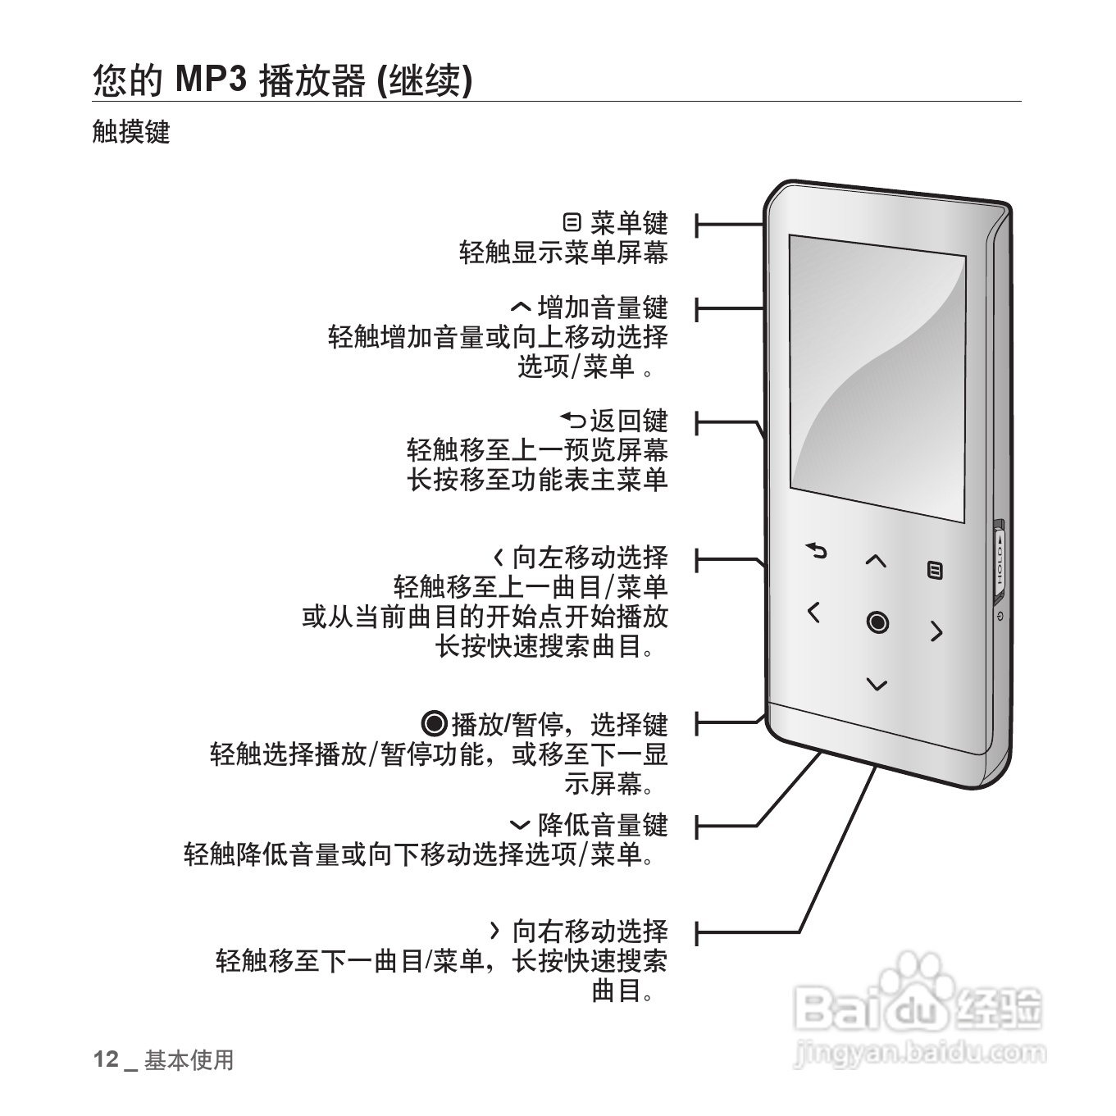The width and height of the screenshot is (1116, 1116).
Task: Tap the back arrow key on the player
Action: (816, 551)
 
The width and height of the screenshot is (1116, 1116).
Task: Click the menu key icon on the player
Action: (935, 570)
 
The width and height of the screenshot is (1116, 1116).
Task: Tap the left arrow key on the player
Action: (813, 612)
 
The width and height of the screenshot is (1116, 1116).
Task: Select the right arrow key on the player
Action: (936, 631)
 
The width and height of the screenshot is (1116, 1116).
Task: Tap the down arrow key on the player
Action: (877, 684)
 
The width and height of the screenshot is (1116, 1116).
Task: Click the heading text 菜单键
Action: (629, 223)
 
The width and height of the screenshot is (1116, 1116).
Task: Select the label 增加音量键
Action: (603, 308)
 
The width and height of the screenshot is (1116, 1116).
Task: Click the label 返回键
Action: (629, 421)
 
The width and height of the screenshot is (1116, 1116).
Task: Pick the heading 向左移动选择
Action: (590, 558)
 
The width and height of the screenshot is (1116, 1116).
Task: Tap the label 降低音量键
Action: (603, 825)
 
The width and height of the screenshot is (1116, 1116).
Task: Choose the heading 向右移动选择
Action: (590, 932)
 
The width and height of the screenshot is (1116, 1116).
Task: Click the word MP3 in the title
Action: (212, 80)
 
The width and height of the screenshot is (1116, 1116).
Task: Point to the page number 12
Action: (106, 1059)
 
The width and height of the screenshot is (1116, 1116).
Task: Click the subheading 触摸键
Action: (131, 132)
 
